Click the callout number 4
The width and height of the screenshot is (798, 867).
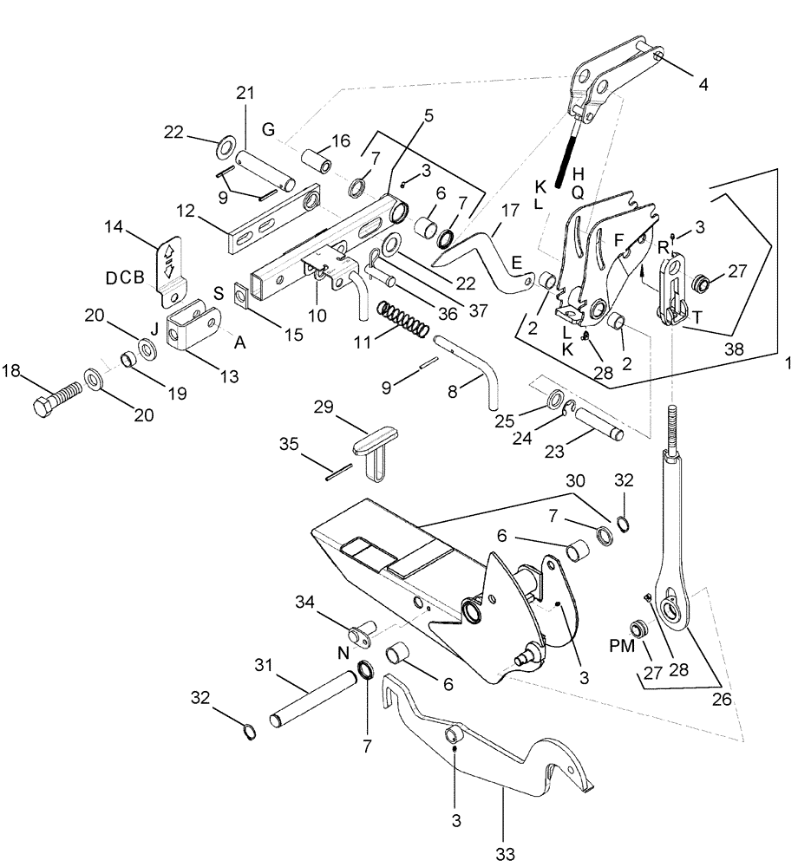[703, 85]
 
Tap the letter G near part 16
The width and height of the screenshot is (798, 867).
[269, 129]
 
